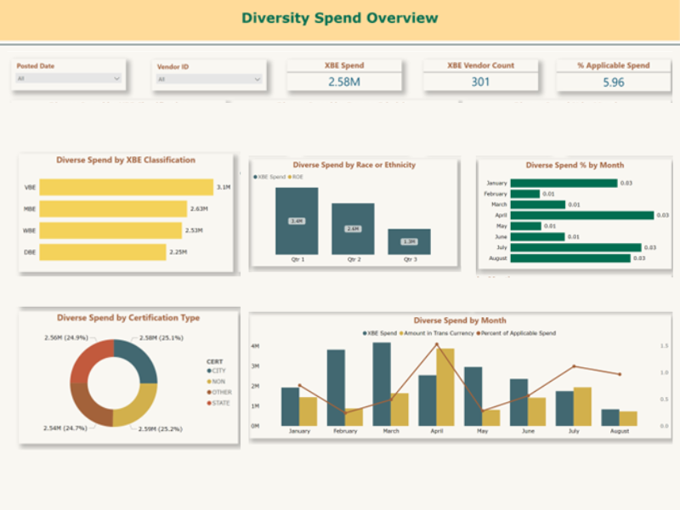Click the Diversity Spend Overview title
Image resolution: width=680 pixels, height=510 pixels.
tap(339, 18)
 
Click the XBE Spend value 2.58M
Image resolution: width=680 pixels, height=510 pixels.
tap(345, 82)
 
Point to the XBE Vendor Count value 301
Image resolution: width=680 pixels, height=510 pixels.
tap(480, 82)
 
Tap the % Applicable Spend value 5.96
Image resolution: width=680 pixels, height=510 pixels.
tap(613, 82)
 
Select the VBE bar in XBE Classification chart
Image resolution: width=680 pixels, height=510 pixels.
tap(126, 187)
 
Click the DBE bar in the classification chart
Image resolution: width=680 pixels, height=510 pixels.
tap(102, 252)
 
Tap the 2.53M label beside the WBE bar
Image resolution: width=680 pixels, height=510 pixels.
tap(194, 230)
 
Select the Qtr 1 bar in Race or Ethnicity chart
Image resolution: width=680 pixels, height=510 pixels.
tap(297, 220)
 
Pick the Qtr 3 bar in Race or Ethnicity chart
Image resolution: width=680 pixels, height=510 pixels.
tap(409, 241)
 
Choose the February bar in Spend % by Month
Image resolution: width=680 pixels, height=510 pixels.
tap(525, 194)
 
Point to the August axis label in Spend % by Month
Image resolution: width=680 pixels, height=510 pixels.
tap(496, 258)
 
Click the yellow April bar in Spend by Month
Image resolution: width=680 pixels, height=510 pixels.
tap(445, 387)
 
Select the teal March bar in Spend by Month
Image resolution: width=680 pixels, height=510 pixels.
tap(382, 383)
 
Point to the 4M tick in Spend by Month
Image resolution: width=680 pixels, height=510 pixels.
tap(255, 347)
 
